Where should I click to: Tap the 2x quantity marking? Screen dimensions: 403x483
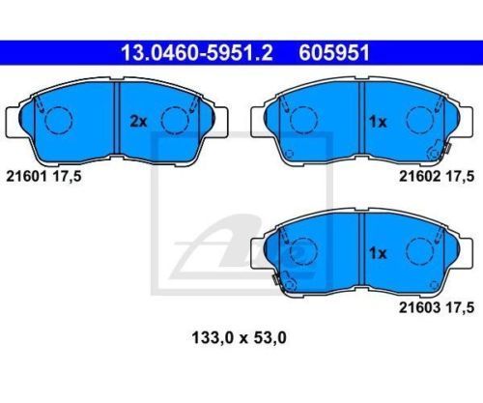[x=138, y=122]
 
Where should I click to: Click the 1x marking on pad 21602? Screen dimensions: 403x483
[x=378, y=122]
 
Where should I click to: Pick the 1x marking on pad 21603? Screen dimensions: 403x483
[x=378, y=253]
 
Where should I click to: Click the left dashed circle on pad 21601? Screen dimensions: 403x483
[x=59, y=119]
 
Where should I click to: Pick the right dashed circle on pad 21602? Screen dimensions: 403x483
[x=419, y=119]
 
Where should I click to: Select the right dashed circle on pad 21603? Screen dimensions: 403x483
[x=419, y=251]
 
